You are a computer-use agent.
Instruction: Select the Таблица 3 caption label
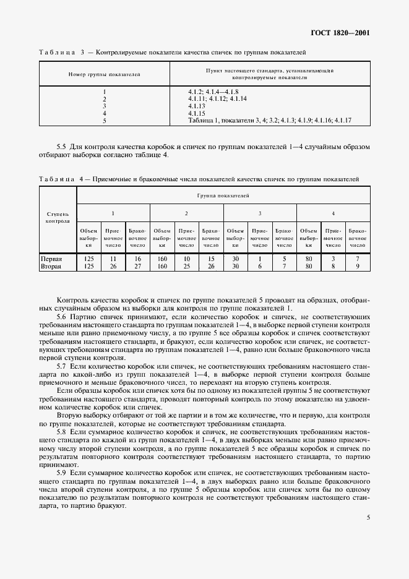point(59,52)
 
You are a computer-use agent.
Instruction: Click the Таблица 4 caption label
point(59,179)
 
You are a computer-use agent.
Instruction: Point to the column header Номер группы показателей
point(104,75)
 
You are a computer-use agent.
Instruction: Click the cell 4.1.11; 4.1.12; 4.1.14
point(217,98)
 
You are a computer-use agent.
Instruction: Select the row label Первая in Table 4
point(51,259)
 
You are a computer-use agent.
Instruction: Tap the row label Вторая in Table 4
point(51,267)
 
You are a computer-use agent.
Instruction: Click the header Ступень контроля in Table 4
point(58,216)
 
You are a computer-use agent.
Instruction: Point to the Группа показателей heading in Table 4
point(223,195)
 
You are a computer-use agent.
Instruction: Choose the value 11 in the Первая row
point(113,259)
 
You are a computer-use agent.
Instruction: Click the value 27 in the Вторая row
point(137,267)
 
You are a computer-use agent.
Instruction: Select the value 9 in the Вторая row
point(357,267)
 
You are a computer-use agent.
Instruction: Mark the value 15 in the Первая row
point(210,259)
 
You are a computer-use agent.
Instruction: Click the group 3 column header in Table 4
point(260,212)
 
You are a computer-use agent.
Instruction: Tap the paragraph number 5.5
point(61,147)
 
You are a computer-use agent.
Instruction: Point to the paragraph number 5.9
point(61,472)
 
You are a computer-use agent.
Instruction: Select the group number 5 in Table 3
point(105,121)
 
